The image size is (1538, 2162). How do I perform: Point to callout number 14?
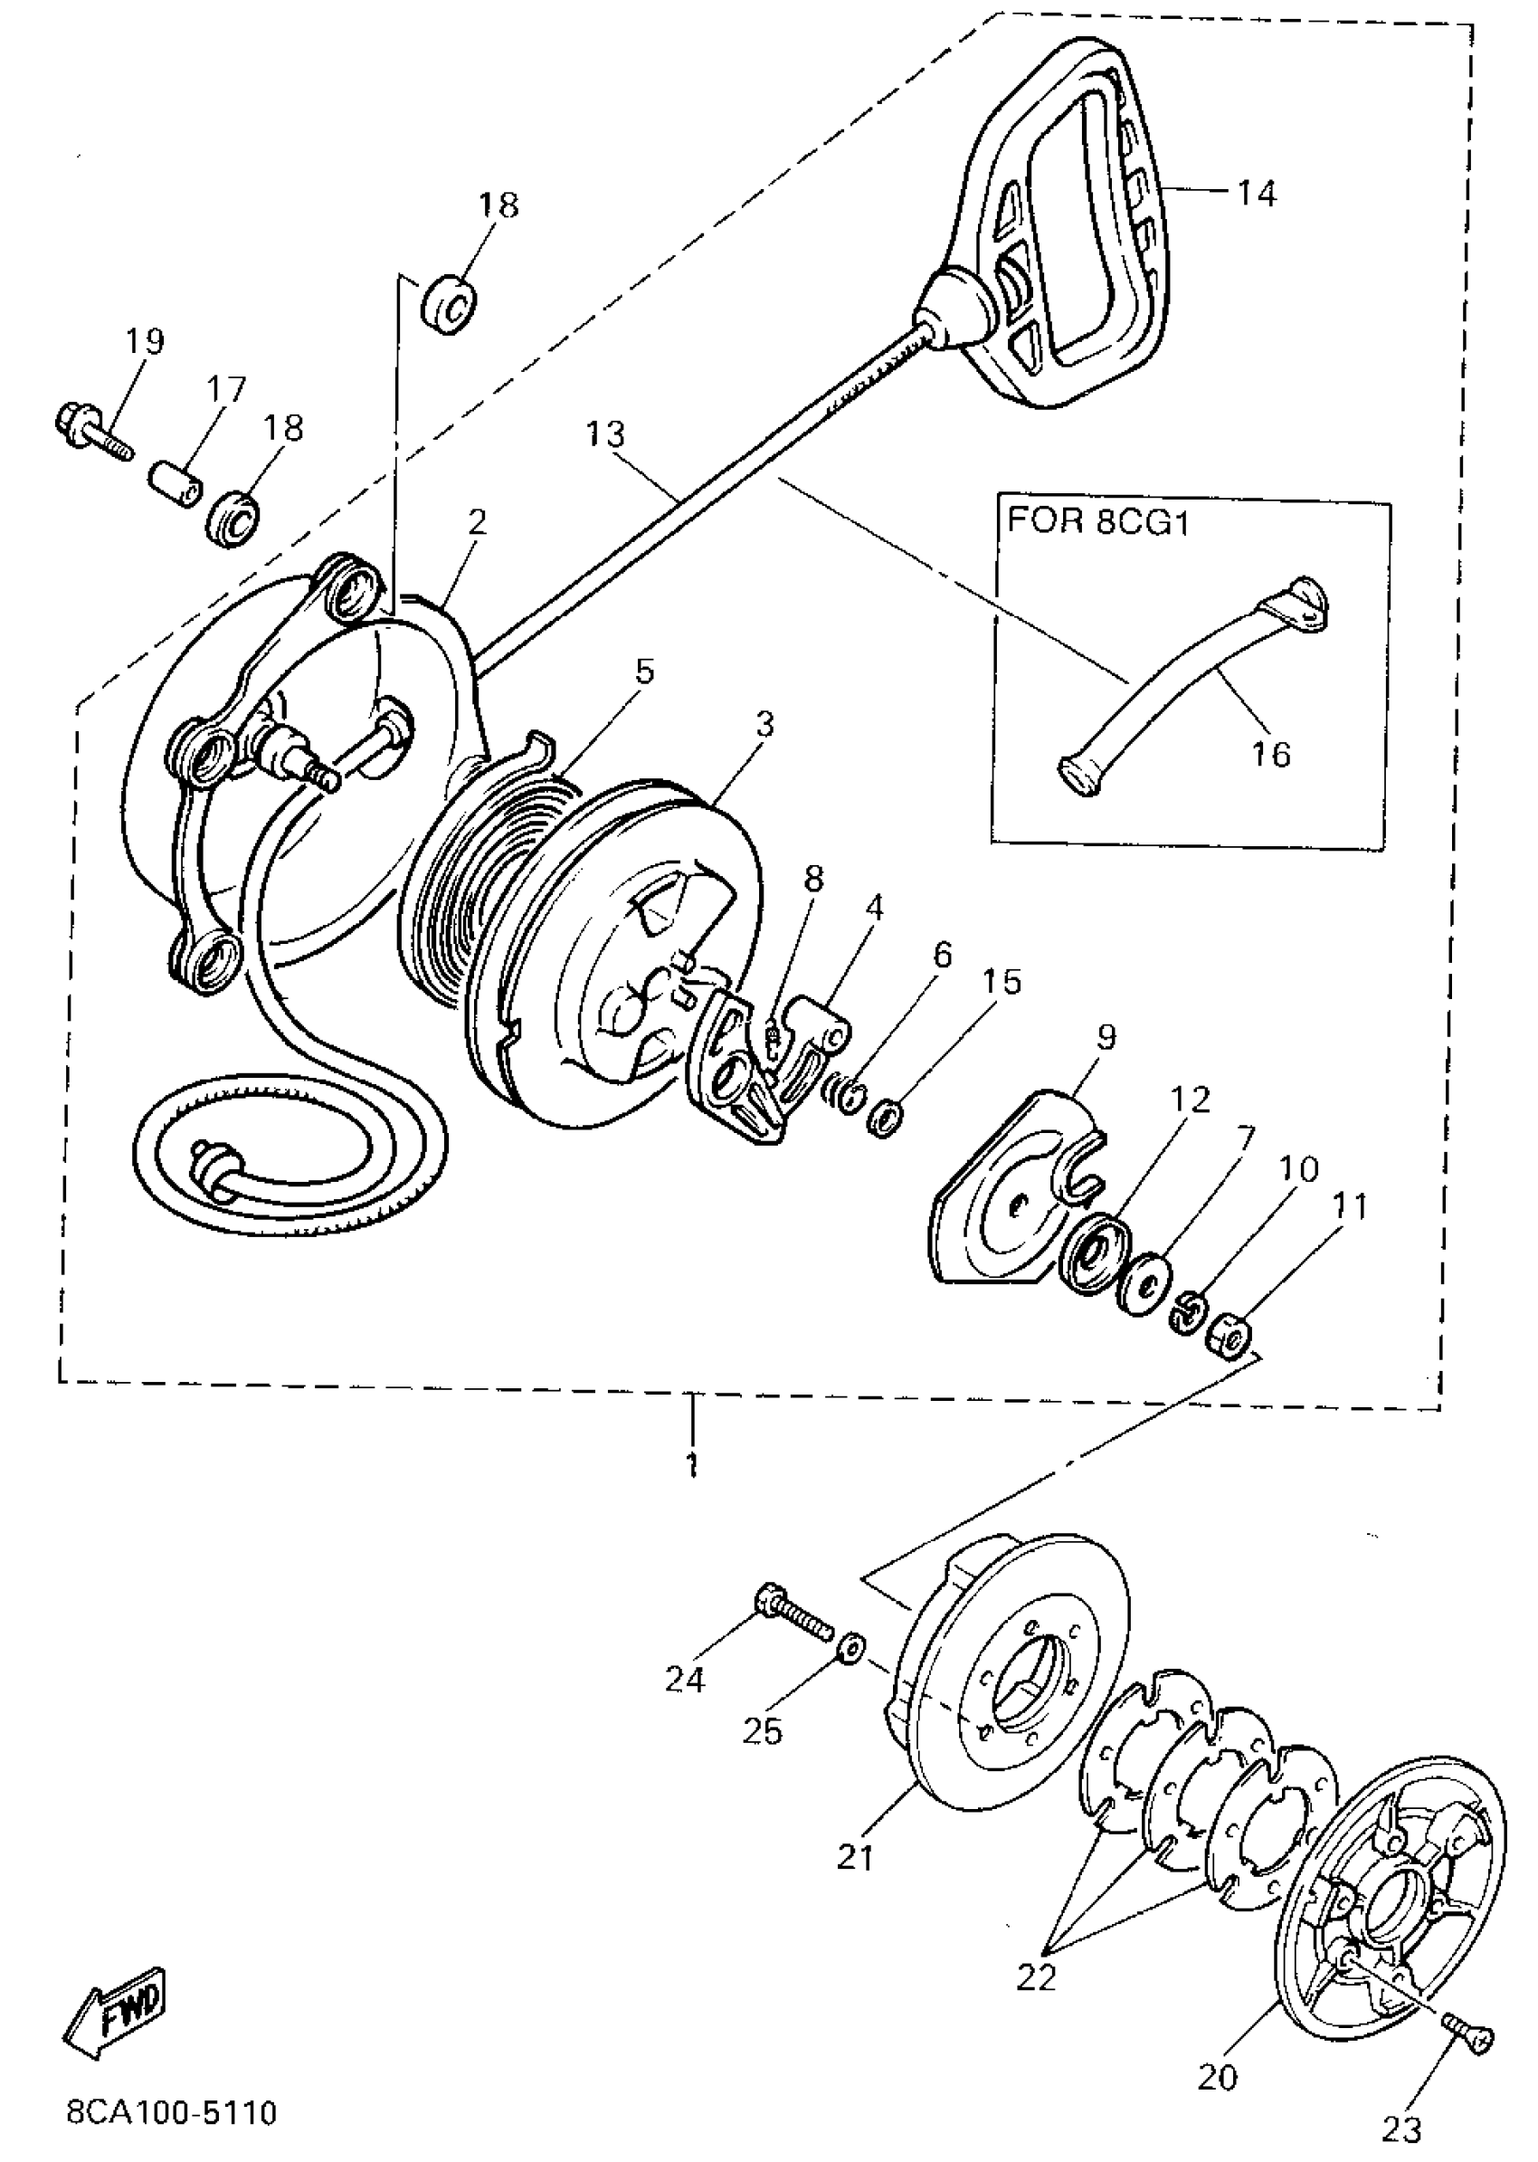[x=1256, y=195]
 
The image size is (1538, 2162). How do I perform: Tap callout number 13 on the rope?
[x=605, y=435]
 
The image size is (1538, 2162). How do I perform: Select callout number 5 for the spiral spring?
[x=644, y=671]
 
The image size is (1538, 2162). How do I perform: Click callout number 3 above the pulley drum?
[x=764, y=725]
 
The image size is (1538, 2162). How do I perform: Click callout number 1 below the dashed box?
[x=693, y=1466]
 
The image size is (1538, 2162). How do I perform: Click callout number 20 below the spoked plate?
[x=1218, y=2077]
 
